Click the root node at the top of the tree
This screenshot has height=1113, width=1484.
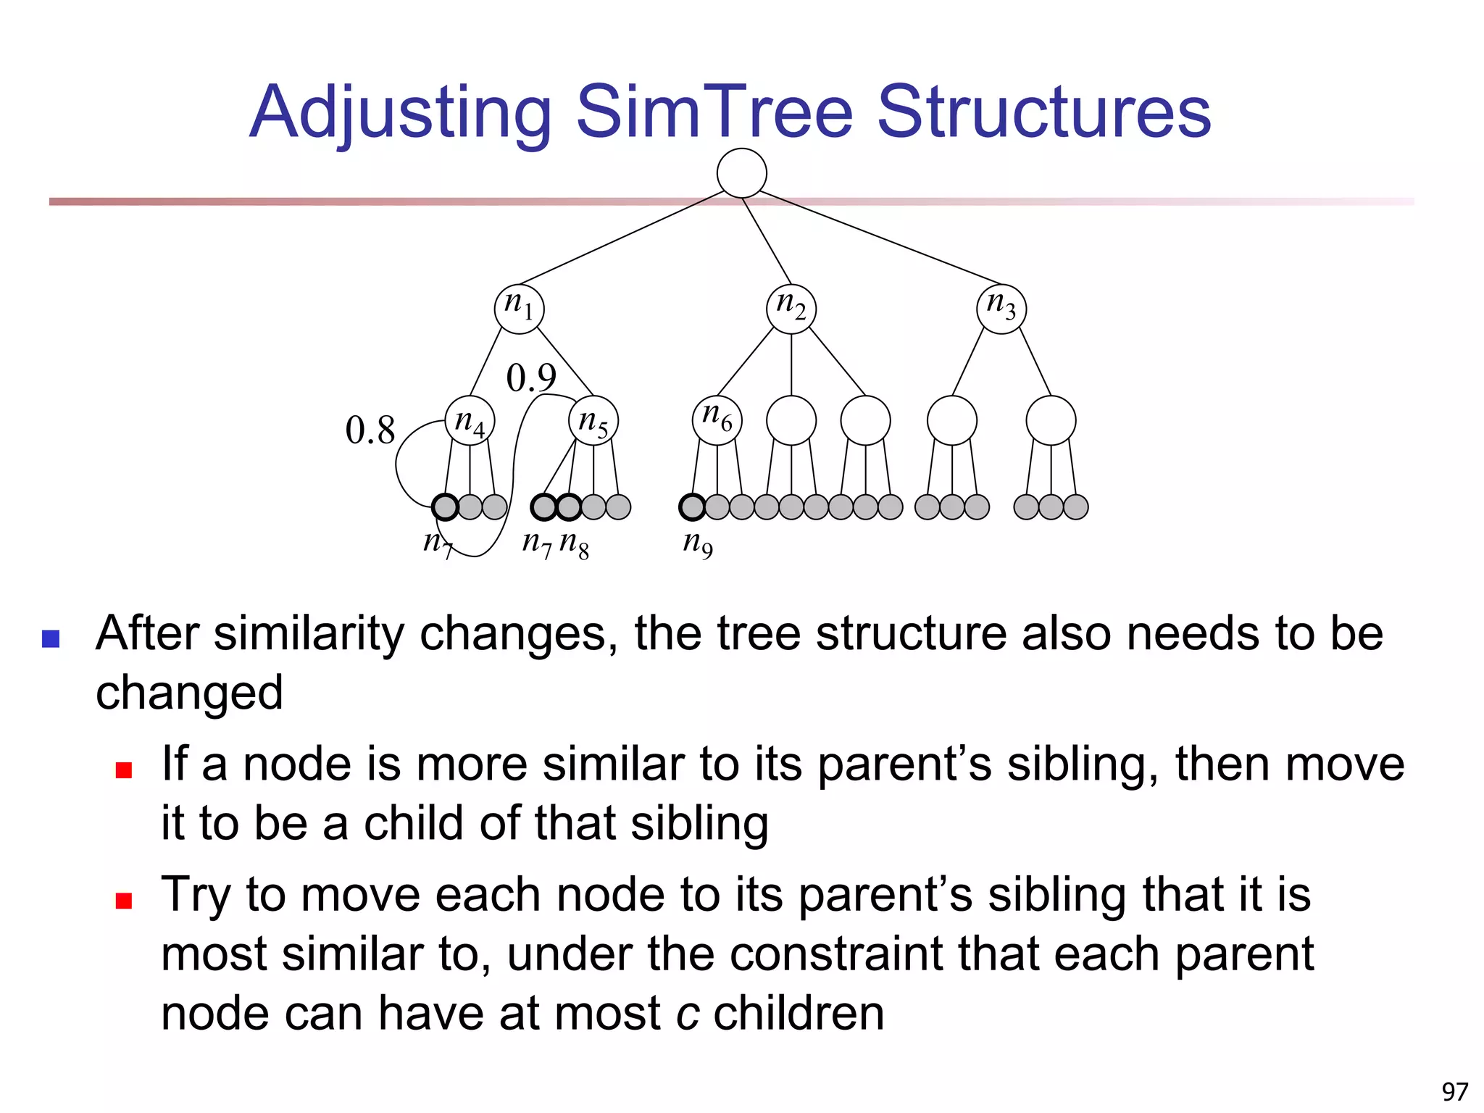point(741,172)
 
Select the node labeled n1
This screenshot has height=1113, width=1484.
point(519,309)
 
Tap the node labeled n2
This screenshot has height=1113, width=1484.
point(791,309)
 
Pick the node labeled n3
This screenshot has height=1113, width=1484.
point(1001,309)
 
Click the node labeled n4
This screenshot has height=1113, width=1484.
point(470,420)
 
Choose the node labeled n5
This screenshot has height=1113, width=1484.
point(593,420)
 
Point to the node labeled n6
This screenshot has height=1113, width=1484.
point(717,420)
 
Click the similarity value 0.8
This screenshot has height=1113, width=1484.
point(370,430)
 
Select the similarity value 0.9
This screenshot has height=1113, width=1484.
point(530,378)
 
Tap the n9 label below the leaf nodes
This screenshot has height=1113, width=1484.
point(698,543)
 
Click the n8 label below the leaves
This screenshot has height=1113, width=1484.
point(575,543)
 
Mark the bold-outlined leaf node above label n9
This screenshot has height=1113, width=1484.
point(692,507)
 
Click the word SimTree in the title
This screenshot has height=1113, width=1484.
point(714,112)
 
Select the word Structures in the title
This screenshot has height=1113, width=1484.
point(1043,112)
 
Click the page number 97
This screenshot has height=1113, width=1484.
point(1454,1091)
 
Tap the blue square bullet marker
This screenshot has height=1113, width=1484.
point(51,638)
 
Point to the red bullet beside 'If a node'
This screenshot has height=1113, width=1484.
point(124,770)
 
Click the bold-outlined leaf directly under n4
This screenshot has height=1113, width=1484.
point(445,507)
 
